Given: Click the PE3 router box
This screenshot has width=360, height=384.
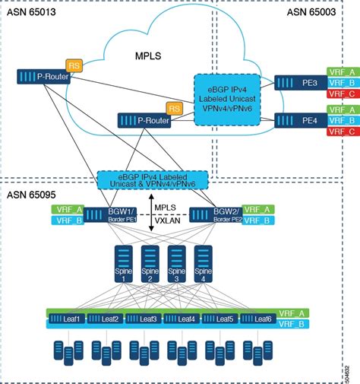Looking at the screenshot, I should tap(298, 83).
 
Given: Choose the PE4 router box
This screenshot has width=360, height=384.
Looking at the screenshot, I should tap(298, 119).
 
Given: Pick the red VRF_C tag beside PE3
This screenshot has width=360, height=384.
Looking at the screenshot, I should tap(342, 94).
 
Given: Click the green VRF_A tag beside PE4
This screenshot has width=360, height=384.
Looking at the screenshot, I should tap(342, 109).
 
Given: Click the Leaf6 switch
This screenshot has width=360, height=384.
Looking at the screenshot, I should tap(258, 319).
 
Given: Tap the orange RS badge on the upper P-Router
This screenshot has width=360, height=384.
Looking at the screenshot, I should tap(74, 65).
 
